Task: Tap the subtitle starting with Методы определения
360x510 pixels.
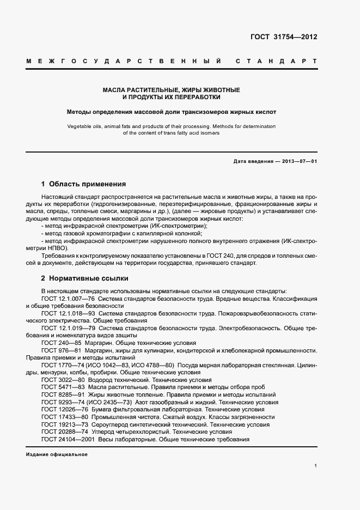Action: (x=172, y=112)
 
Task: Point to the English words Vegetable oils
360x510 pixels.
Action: (x=86, y=126)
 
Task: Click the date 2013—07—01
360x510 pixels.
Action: (x=298, y=162)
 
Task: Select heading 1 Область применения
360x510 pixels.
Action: (x=83, y=184)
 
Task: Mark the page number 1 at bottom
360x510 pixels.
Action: (x=315, y=466)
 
